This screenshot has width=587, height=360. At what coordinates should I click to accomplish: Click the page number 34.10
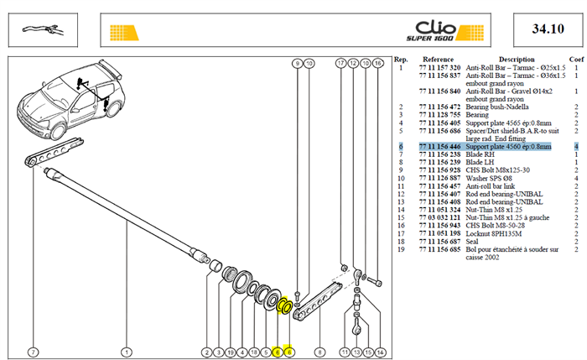point(548,29)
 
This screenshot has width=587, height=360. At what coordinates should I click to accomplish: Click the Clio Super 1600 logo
point(444,31)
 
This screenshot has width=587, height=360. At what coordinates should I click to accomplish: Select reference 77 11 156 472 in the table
point(439,107)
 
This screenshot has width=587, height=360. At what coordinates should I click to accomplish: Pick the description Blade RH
point(480,154)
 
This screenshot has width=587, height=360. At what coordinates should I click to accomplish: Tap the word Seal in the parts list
point(471,242)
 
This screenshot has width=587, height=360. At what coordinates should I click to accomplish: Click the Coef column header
point(576,60)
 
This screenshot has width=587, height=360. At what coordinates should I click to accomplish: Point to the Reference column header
point(438,60)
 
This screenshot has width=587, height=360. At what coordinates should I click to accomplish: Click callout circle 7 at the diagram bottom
point(34,352)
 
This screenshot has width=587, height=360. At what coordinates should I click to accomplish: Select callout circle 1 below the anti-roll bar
point(127,352)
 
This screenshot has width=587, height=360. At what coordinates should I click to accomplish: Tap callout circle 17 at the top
point(340,63)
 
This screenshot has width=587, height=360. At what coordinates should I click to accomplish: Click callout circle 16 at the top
point(377,63)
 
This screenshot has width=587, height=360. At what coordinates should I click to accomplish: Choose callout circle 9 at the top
point(297,63)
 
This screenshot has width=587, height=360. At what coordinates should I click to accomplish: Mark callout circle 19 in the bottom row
point(231,352)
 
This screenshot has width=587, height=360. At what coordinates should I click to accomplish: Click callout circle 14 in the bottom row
point(380,352)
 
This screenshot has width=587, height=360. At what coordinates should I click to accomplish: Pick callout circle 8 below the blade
point(319,352)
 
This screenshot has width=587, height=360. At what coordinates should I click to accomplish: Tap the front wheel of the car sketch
point(58,131)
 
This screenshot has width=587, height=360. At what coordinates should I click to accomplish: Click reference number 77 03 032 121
point(439,217)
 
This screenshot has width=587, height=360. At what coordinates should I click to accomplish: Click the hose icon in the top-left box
point(42,30)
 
